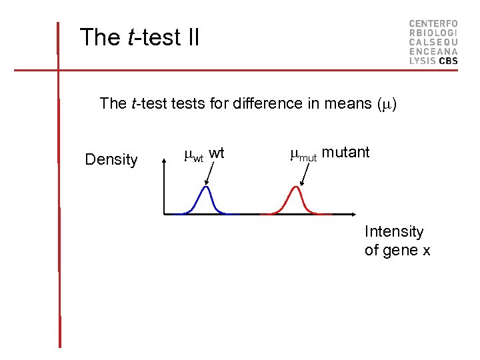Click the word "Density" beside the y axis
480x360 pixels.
tap(111, 160)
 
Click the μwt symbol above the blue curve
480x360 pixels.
tap(193, 156)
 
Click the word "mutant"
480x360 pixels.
tap(345, 152)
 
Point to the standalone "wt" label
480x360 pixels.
tap(217, 153)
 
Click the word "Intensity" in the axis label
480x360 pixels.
tap(394, 232)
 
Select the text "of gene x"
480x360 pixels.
tap(397, 251)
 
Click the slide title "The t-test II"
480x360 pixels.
tap(139, 37)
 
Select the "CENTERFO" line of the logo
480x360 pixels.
tap(433, 23)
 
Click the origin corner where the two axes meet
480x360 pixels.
tap(164, 214)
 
